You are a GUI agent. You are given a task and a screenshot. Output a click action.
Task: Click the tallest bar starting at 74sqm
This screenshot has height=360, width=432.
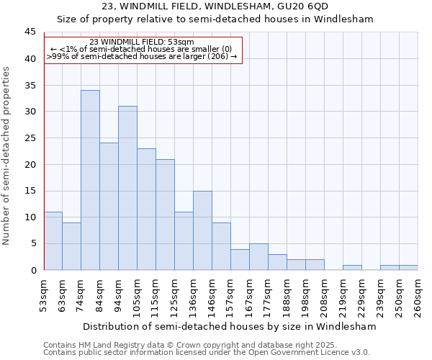(90, 180)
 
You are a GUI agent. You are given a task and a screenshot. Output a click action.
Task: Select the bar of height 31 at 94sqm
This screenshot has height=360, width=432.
(127, 188)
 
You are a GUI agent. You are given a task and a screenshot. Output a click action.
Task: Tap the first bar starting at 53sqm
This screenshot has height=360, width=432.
(53, 240)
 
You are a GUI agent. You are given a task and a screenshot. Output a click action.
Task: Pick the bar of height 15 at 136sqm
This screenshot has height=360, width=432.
(202, 230)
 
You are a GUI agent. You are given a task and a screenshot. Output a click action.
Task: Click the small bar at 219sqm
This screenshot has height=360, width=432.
(352, 267)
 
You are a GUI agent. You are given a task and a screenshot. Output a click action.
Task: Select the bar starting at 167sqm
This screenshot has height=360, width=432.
(258, 257)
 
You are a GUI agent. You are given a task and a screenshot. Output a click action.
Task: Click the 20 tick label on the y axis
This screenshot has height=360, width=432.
(31, 164)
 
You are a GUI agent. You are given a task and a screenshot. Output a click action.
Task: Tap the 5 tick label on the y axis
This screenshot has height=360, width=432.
(33, 243)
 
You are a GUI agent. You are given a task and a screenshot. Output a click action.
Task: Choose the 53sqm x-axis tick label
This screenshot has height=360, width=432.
(44, 295)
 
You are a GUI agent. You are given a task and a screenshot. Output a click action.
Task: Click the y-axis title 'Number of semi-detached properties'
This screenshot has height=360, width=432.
(7, 156)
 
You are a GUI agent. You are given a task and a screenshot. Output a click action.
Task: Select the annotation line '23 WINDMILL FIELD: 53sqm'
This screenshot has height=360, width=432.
(142, 42)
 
